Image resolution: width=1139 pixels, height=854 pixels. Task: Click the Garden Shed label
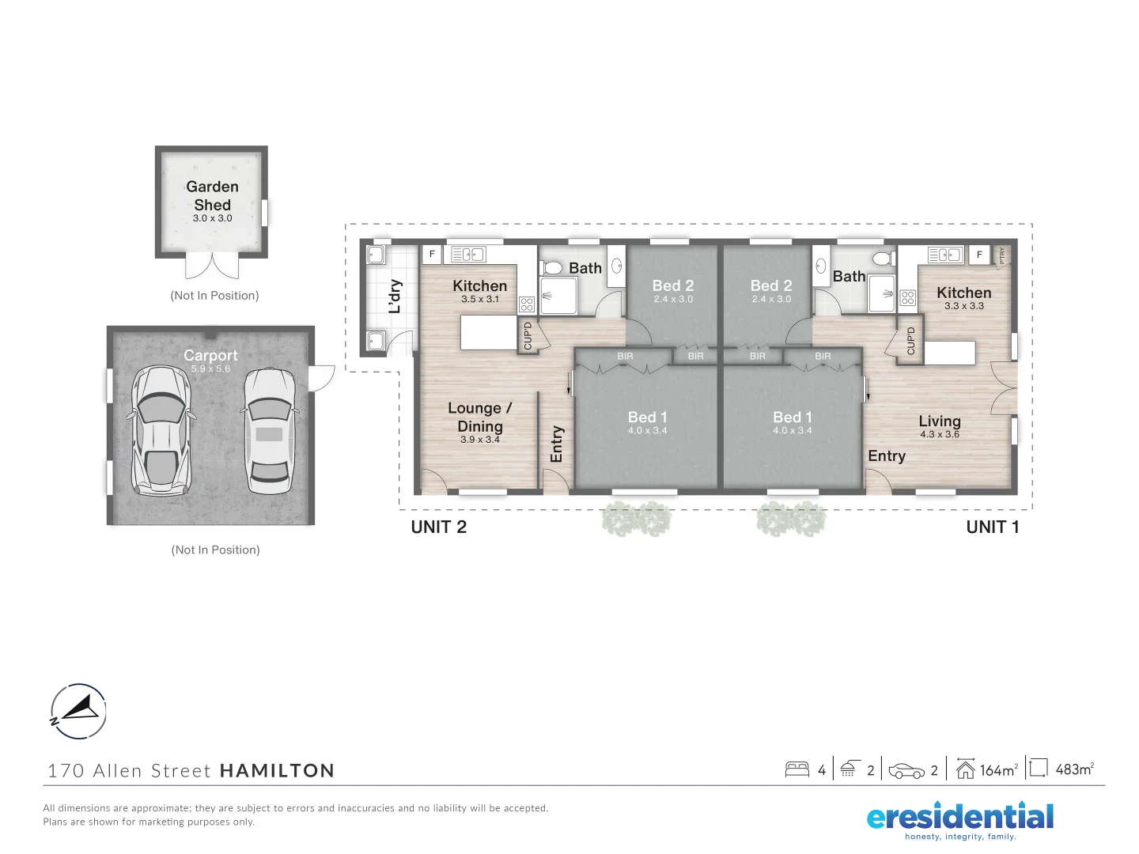[212, 195]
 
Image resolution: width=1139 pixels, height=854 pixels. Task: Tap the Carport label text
[210, 356]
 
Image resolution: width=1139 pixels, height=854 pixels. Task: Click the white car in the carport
[269, 431]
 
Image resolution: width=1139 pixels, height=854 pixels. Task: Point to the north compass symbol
[78, 711]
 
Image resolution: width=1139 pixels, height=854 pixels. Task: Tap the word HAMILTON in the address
[277, 771]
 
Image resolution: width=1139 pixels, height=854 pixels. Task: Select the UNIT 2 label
[439, 527]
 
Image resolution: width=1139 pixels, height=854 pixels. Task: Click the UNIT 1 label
[993, 527]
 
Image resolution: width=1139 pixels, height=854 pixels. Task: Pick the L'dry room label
[395, 297]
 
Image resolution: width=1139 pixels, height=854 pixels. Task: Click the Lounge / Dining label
[480, 418]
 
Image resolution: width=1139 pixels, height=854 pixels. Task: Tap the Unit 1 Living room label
[940, 421]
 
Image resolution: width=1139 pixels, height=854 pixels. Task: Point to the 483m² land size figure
[1074, 769]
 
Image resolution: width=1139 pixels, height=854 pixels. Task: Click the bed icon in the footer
[797, 769]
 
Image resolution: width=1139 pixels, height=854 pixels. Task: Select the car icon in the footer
[906, 770]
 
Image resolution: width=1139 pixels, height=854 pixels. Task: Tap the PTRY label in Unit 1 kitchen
[1002, 255]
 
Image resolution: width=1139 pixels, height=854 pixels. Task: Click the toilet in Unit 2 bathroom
[553, 267]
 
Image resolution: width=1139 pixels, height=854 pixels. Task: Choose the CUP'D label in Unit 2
[528, 335]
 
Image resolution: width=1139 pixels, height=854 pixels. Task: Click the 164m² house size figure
[998, 769]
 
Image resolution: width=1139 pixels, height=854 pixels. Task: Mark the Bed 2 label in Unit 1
[771, 286]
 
